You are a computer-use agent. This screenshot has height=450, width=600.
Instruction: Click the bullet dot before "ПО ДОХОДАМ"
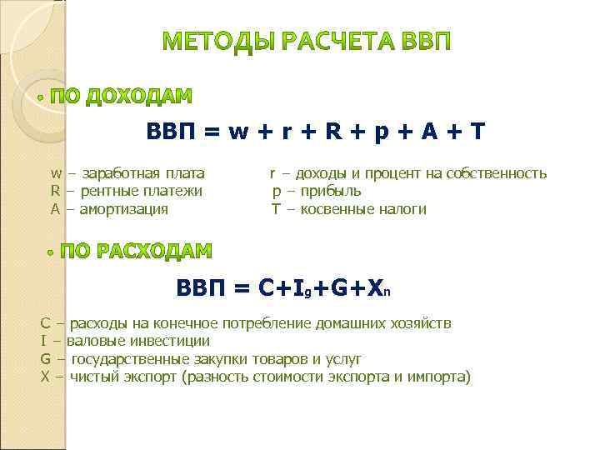click(41, 97)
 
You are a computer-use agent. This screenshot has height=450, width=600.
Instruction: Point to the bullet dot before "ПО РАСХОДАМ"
click(51, 252)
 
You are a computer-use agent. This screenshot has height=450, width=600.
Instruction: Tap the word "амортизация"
click(124, 209)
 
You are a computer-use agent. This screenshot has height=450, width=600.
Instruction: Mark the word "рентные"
click(107, 192)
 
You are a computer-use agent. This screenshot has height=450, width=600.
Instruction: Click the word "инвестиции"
click(167, 341)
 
